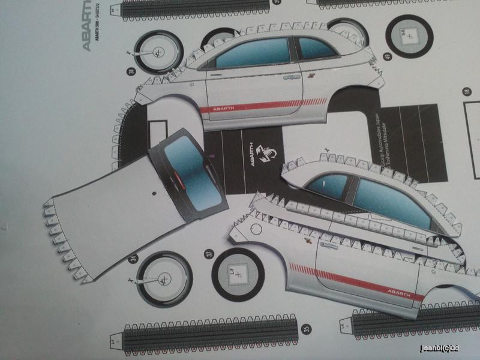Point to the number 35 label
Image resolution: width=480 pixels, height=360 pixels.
[307, 328]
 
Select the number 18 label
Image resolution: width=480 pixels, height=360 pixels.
[466, 92]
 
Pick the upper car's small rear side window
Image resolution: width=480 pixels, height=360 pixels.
[316, 48]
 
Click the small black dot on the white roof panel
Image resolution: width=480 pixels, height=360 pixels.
[155, 194]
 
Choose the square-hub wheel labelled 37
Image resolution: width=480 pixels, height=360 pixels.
[238, 274]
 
